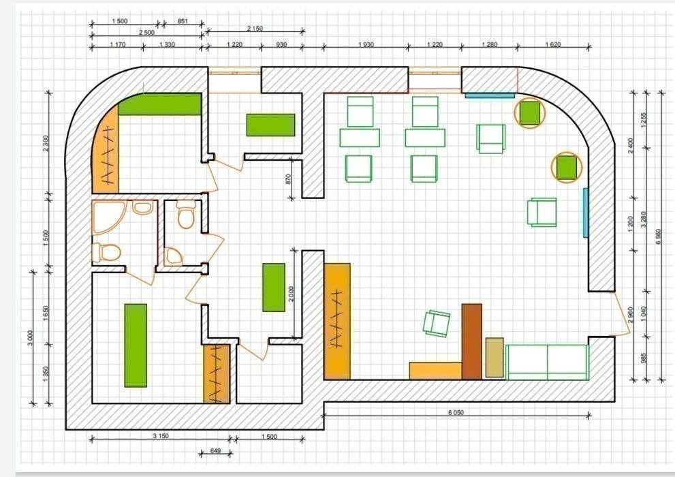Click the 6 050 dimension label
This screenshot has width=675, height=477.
pos(456,412)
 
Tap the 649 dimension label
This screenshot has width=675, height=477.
pos(215,450)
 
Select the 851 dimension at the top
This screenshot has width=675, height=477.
pos(183,20)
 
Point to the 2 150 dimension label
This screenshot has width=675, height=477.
pos(255,29)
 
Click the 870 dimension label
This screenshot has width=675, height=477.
pos(288,179)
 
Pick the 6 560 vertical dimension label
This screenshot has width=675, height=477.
pos(658,236)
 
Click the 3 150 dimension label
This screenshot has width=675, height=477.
pos(161,436)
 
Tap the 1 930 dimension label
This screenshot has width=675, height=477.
pos(366,44)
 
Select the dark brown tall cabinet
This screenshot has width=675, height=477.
pos(471,342)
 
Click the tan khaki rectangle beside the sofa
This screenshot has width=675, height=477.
pos(495,358)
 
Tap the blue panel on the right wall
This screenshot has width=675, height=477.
pos(586,213)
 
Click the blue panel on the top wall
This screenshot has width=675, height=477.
pos(490,95)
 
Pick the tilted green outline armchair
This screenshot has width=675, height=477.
pos(437,324)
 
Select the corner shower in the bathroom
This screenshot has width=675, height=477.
pos(108,217)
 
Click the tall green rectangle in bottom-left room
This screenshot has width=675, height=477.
pos(136,345)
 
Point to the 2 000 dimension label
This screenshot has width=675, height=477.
pos(292,294)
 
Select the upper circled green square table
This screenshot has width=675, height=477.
pos(530,113)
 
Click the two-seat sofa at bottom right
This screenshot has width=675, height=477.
pos(547,362)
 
